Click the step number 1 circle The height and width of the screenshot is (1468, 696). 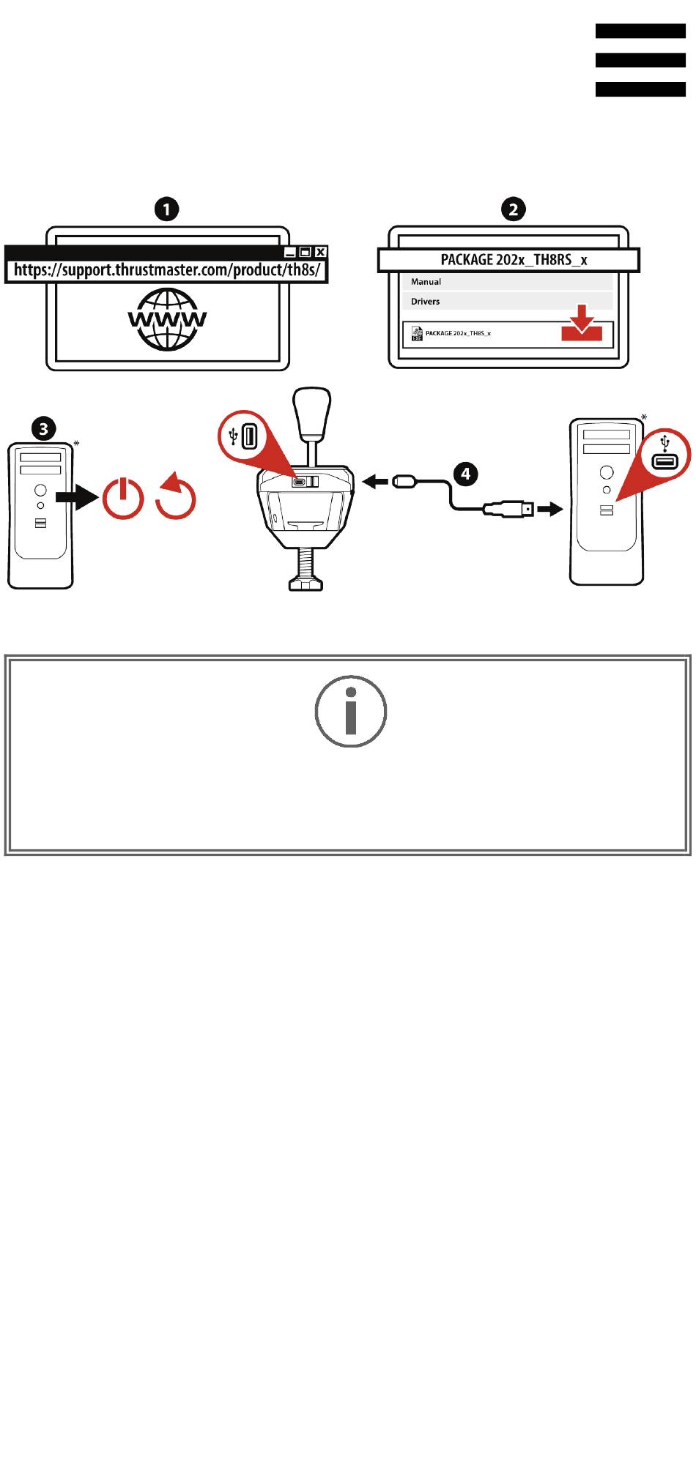166,209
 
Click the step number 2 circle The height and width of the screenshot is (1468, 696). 513,209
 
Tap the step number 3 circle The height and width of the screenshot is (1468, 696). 44,428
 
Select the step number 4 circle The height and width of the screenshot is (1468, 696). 465,474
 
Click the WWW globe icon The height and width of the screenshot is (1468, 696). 168,319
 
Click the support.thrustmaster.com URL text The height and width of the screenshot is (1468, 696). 168,269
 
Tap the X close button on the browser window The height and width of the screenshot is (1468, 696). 320,252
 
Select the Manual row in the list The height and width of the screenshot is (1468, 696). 507,282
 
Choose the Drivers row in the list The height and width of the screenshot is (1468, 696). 507,301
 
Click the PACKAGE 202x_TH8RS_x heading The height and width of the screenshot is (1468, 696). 514,260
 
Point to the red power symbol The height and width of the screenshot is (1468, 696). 123,499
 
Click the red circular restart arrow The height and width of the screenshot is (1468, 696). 176,496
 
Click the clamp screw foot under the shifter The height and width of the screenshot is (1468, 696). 306,570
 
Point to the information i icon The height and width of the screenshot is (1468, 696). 351,711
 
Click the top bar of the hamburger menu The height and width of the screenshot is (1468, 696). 640,31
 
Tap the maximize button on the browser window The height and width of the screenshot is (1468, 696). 306,252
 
